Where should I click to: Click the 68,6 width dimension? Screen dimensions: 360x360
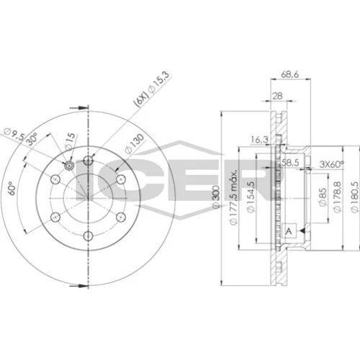(x=289, y=75)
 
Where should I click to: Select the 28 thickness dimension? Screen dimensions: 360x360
(x=277, y=96)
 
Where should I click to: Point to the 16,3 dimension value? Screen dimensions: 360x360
(x=259, y=140)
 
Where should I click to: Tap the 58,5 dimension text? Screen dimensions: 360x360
(x=290, y=163)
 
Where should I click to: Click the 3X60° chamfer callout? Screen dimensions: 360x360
(x=331, y=164)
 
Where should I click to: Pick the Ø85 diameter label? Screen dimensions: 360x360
(x=323, y=197)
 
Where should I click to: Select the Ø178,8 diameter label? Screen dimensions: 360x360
(x=337, y=197)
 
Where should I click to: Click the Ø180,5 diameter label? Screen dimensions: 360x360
(x=354, y=197)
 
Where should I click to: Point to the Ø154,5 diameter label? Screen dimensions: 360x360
(x=251, y=197)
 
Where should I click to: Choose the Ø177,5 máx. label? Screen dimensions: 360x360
(x=233, y=197)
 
